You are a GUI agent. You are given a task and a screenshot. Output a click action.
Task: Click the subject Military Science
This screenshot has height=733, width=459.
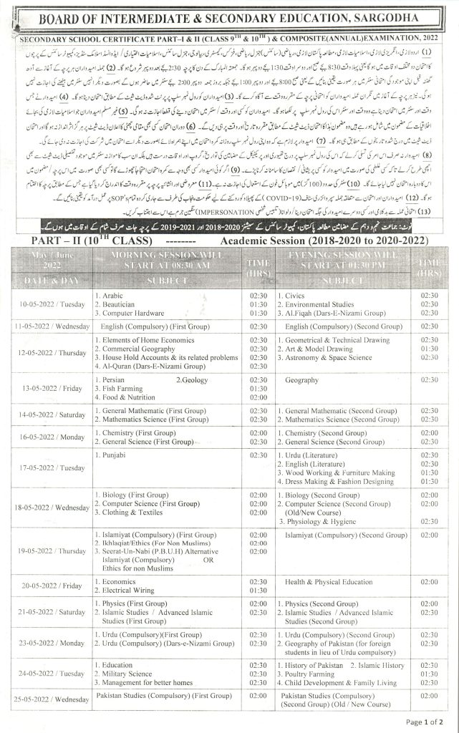[x=126, y=673]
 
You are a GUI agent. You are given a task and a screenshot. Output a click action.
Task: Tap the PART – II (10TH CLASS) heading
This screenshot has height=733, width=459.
[x=87, y=260]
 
